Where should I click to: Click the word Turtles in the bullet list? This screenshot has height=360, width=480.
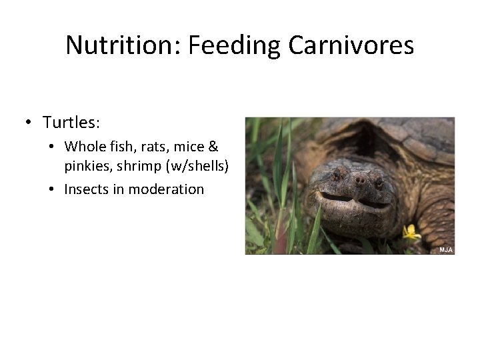[x=71, y=123]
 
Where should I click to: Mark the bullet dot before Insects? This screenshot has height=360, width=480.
[x=51, y=190]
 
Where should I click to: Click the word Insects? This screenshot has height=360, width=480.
[x=86, y=189]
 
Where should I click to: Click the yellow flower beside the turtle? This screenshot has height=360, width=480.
[x=411, y=233]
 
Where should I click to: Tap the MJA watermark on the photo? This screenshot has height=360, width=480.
[x=445, y=249]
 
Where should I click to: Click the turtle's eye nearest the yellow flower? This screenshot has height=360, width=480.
[x=378, y=180]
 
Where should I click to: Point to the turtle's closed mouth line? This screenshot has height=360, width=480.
[x=353, y=200]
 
